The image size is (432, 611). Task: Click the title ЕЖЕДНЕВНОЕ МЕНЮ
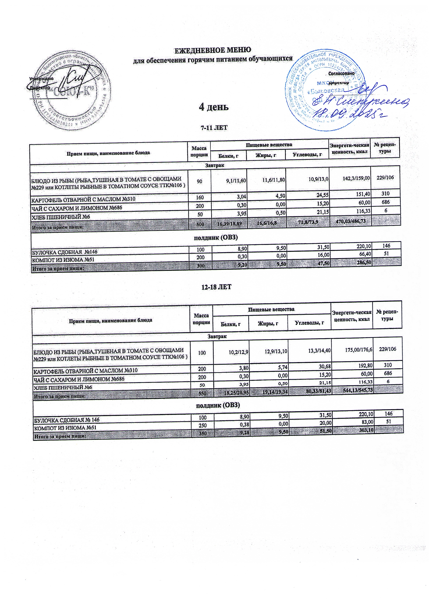tap(212, 50)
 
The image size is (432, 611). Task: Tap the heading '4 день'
tap(214, 107)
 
